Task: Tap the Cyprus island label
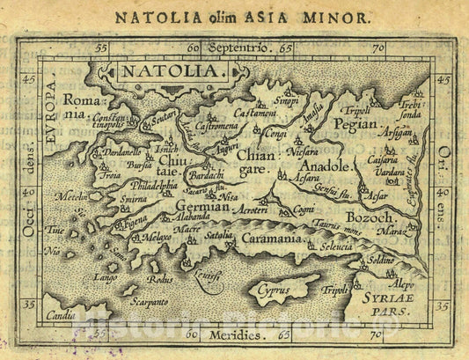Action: (274, 288)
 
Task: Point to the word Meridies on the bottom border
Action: (234, 335)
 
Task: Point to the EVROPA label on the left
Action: (51, 111)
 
